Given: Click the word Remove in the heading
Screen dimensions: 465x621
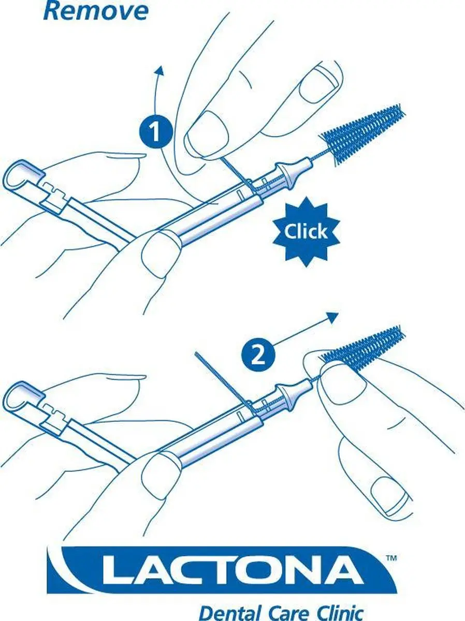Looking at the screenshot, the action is coord(96,11).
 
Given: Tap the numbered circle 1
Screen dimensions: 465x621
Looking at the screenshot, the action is coord(156,131).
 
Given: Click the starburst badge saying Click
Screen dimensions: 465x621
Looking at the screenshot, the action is coord(306,232).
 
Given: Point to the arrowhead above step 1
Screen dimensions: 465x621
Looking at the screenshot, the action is coord(160,71).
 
